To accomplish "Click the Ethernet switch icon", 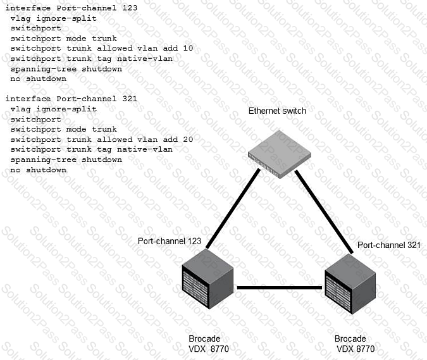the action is [280, 154].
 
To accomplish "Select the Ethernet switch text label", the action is [277, 111].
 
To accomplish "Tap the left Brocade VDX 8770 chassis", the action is [207, 279].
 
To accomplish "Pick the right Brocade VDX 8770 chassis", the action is [350, 284].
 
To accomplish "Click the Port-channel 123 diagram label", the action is [170, 241].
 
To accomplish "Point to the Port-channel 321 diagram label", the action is [389, 245].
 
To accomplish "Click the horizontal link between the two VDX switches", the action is [280, 288].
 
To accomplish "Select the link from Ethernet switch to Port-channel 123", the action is [233, 209].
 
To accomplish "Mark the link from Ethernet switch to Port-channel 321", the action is [324, 212].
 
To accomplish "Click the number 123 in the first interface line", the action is [130, 8].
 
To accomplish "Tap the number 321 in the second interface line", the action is [130, 99].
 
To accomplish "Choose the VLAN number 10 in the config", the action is [188, 48].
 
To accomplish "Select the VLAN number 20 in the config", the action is [188, 139].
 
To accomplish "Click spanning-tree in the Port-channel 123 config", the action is [44, 69].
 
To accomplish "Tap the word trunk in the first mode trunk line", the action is [104, 39].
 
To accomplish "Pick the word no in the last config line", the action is [16, 170].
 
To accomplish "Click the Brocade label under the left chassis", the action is [204, 338].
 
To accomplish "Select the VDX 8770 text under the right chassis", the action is [356, 349].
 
